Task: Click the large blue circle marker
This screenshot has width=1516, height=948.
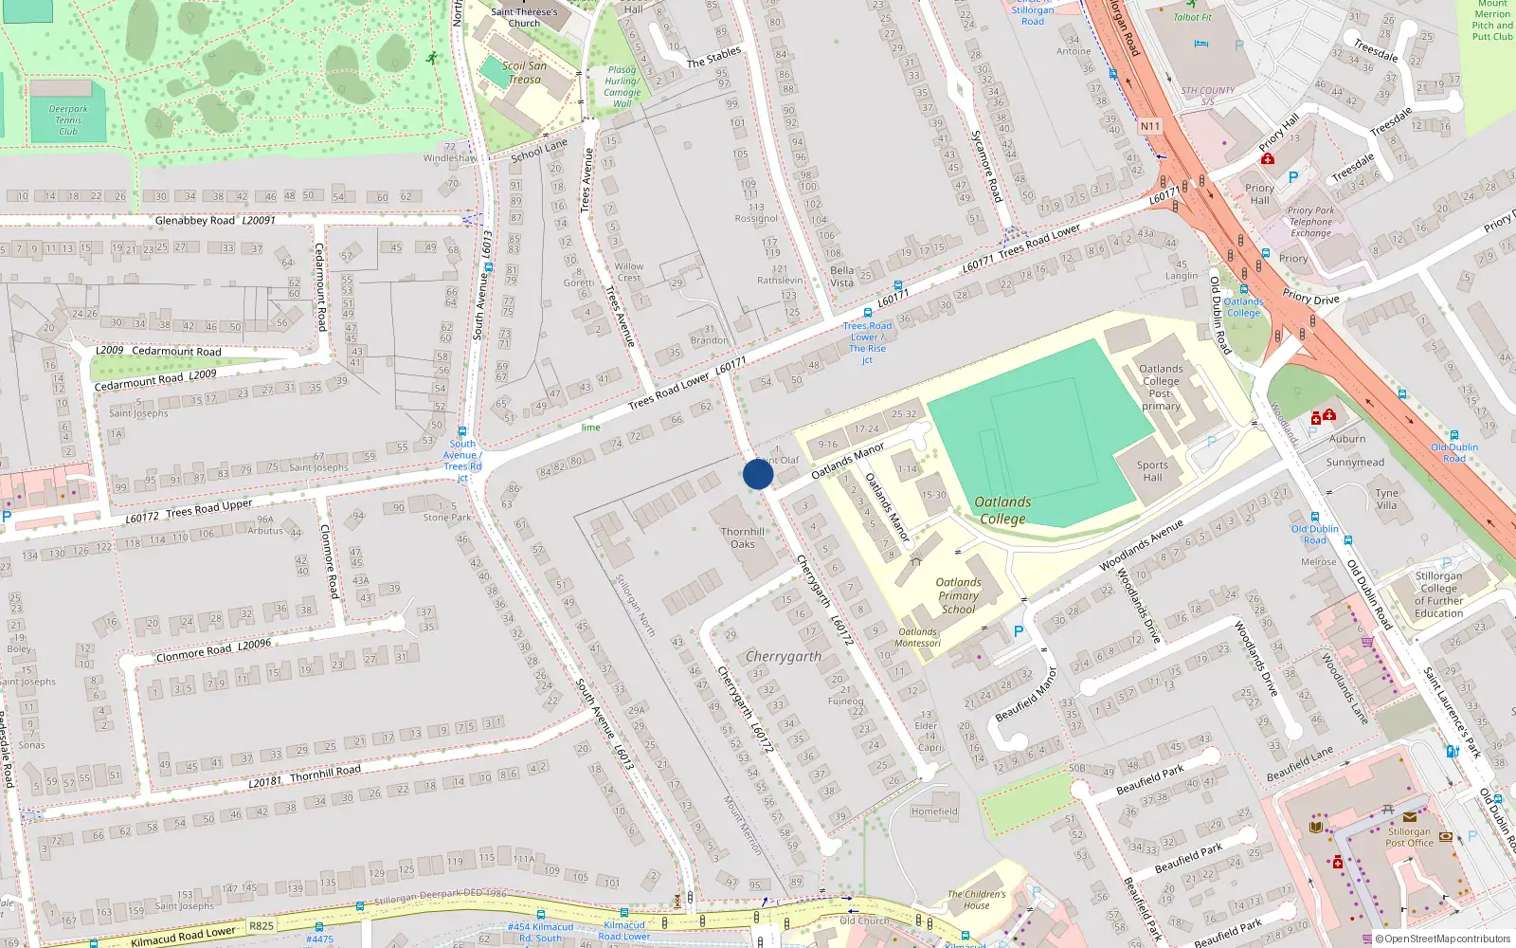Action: (x=758, y=474)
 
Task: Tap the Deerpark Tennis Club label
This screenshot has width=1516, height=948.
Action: (x=68, y=120)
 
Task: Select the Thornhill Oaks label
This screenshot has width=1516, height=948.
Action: (x=743, y=538)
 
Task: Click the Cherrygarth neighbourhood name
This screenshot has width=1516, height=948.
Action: (x=784, y=656)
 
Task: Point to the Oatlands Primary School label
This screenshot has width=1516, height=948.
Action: (x=958, y=595)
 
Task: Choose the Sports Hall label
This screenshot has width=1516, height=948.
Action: (x=1152, y=470)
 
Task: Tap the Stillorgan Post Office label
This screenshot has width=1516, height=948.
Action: (x=1410, y=837)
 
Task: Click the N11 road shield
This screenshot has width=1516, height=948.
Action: (x=1150, y=126)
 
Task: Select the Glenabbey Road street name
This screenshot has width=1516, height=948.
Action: (x=195, y=221)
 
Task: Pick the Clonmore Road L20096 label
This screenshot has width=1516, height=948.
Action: (x=213, y=651)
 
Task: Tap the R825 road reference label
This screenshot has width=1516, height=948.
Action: (x=262, y=926)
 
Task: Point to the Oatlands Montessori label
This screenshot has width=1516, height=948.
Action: (x=917, y=637)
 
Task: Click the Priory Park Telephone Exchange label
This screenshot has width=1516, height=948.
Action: (x=1310, y=222)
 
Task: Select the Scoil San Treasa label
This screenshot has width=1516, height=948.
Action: (x=524, y=72)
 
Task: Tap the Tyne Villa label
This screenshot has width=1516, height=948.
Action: (x=1386, y=499)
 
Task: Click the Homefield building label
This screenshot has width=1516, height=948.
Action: (x=934, y=811)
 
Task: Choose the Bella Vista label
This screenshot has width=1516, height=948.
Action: (x=841, y=276)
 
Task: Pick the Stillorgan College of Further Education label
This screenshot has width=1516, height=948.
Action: (x=1438, y=594)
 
